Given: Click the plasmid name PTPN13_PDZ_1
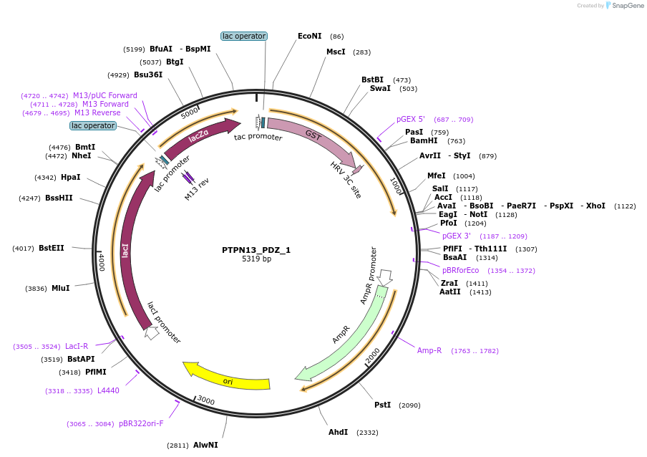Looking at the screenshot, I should click(x=256, y=250).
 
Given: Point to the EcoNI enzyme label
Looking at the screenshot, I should click(x=310, y=36).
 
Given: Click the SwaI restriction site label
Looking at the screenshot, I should click(x=380, y=89).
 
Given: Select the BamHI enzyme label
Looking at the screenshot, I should click(x=424, y=141).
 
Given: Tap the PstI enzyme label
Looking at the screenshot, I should click(x=383, y=405).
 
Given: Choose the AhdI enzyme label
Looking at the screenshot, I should click(x=338, y=433).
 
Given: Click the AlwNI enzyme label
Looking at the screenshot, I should click(x=205, y=446).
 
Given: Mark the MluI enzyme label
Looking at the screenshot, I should click(x=60, y=289).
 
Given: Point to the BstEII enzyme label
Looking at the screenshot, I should click(x=52, y=249).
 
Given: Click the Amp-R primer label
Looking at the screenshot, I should click(x=429, y=351).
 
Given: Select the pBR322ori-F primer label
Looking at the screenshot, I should click(x=141, y=424).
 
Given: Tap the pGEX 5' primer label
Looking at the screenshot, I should click(x=411, y=120).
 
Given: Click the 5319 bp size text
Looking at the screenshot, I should click(x=256, y=259).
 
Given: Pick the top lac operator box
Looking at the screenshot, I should click(x=244, y=36).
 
